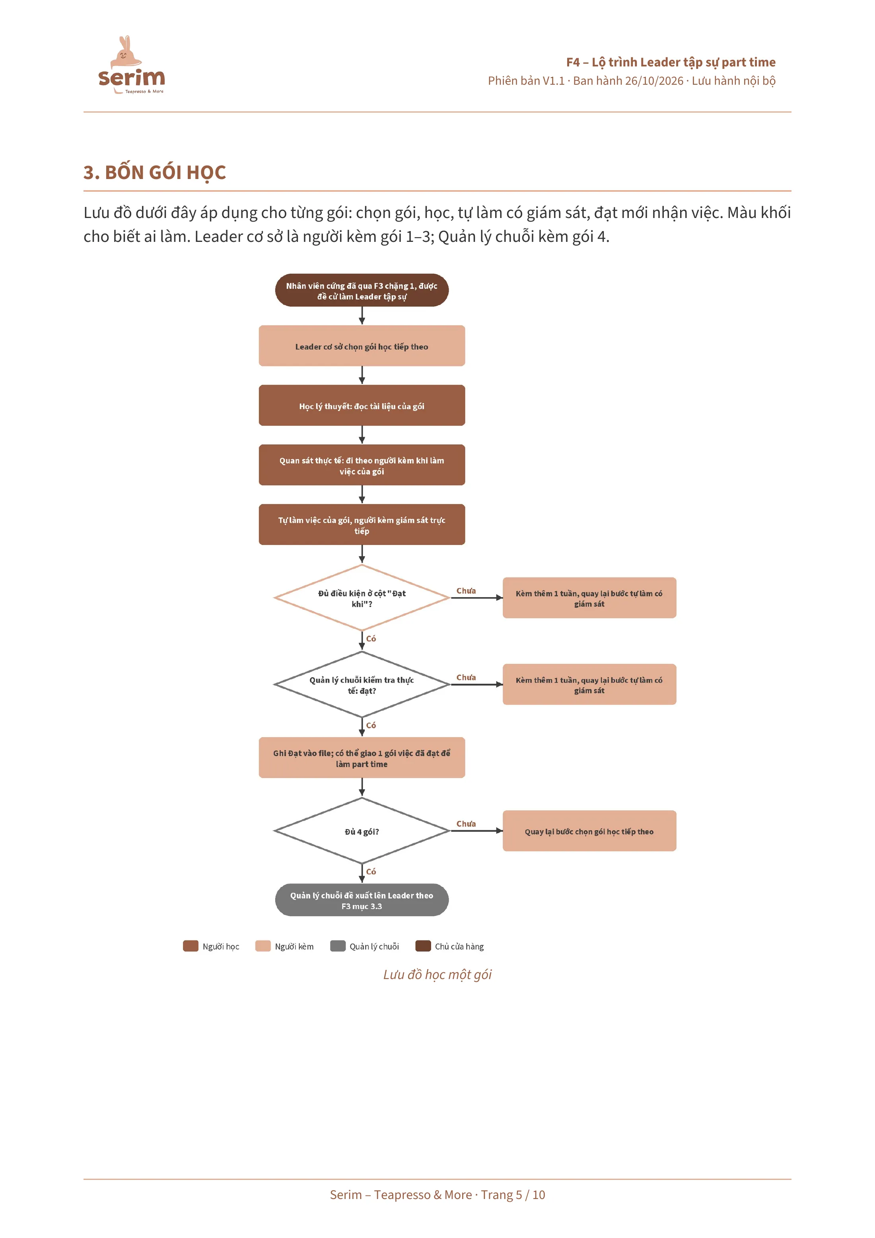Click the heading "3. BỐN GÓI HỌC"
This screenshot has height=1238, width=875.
(155, 173)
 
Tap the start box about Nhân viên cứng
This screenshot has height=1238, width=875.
(362, 291)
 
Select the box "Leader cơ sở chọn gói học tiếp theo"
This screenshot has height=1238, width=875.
(362, 346)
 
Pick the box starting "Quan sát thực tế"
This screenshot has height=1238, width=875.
(362, 465)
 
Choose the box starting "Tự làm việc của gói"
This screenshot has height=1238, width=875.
(362, 525)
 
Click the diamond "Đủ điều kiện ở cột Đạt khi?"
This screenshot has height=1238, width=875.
(362, 598)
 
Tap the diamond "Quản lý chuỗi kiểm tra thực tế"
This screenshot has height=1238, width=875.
(362, 685)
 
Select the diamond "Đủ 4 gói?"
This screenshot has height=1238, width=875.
(362, 831)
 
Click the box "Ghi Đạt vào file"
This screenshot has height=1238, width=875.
(362, 758)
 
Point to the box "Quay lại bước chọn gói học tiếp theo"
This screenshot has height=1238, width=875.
(589, 831)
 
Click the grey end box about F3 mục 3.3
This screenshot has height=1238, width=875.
(362, 901)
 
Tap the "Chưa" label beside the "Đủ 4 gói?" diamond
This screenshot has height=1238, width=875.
(466, 824)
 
